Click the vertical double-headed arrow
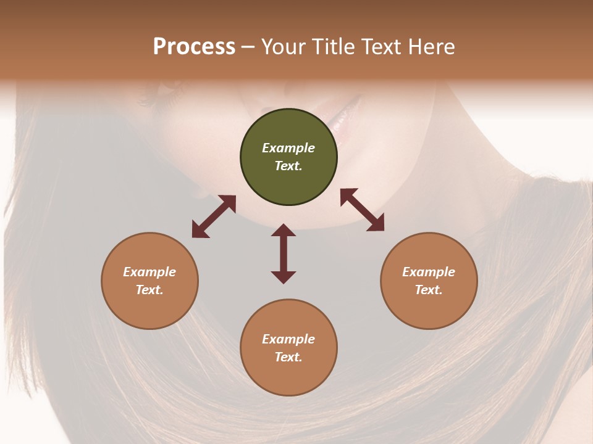click(x=284, y=253)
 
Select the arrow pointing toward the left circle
click(x=214, y=216)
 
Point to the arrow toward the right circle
click(x=362, y=210)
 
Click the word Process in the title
click(x=194, y=47)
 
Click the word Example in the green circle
click(x=288, y=148)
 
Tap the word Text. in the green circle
click(x=288, y=166)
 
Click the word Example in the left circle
click(x=149, y=272)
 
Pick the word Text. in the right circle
click(x=429, y=290)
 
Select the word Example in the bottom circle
click(x=288, y=339)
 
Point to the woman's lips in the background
click(x=339, y=114)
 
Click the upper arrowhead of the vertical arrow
click(x=284, y=230)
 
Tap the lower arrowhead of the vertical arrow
click(x=284, y=277)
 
